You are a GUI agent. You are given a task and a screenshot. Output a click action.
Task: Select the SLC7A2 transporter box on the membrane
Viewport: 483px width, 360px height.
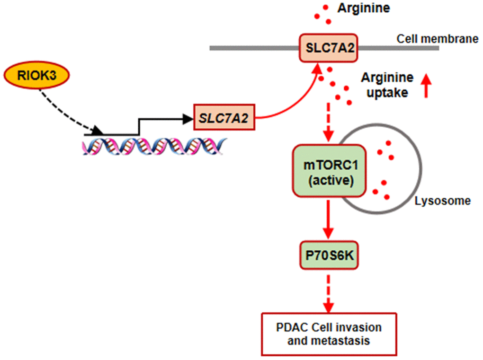click(327, 47)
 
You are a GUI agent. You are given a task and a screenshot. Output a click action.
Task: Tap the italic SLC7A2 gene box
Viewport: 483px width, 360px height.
click(224, 117)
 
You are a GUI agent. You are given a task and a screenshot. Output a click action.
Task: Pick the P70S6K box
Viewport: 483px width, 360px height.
click(330, 256)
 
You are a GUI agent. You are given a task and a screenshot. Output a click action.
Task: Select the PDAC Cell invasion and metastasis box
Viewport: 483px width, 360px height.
click(329, 333)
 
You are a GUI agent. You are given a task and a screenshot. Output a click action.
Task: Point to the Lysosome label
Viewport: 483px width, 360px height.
click(443, 201)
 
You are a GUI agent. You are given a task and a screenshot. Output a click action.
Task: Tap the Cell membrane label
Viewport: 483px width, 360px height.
click(438, 39)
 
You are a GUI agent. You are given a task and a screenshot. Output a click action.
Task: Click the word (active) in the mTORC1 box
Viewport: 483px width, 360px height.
click(330, 180)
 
